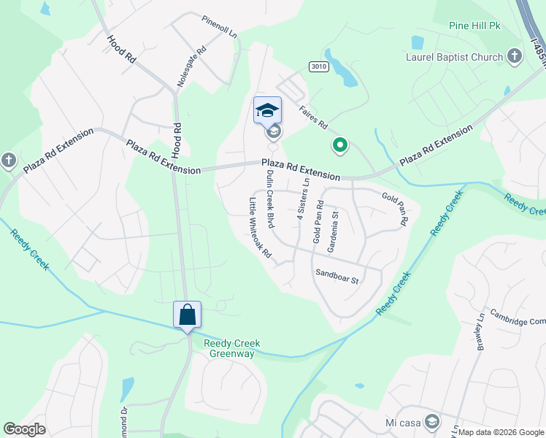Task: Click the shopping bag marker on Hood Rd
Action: (x=187, y=315)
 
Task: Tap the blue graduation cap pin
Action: (x=267, y=110)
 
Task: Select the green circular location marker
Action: (x=339, y=146)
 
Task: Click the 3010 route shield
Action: (x=318, y=66)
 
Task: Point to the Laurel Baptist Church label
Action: (x=455, y=57)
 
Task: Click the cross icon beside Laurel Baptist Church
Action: (x=515, y=55)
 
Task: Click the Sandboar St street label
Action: (x=337, y=278)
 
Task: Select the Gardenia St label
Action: (x=335, y=231)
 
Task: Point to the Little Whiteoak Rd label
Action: (x=260, y=228)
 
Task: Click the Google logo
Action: (x=25, y=429)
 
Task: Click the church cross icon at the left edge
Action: (x=8, y=160)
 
